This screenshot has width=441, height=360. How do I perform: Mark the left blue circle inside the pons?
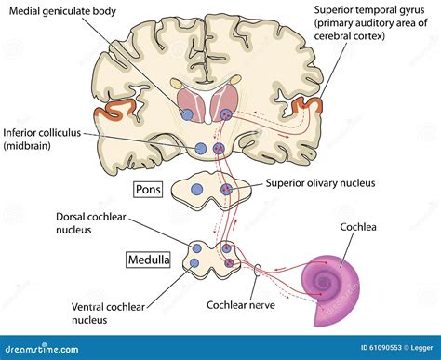[x=195, y=190]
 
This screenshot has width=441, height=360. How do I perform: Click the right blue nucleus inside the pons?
[x=226, y=190]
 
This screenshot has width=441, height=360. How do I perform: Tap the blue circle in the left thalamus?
[x=188, y=114]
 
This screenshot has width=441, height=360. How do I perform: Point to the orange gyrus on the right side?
[x=306, y=116]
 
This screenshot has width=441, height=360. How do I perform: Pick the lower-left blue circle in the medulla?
[x=196, y=265]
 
